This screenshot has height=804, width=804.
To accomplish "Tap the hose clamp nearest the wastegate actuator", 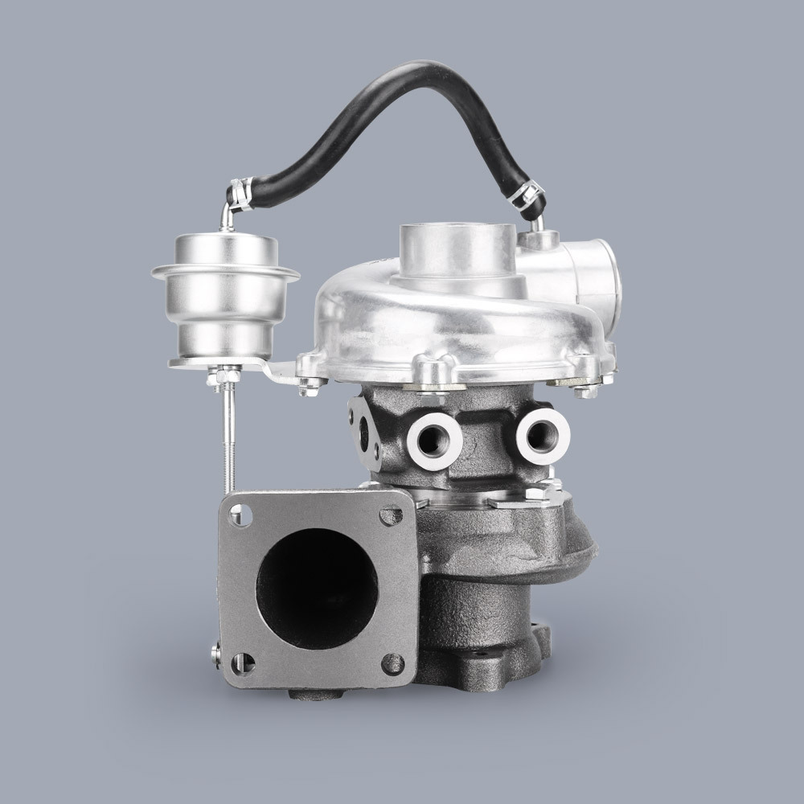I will (240, 191).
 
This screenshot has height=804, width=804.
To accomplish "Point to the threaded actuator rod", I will (228, 434).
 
